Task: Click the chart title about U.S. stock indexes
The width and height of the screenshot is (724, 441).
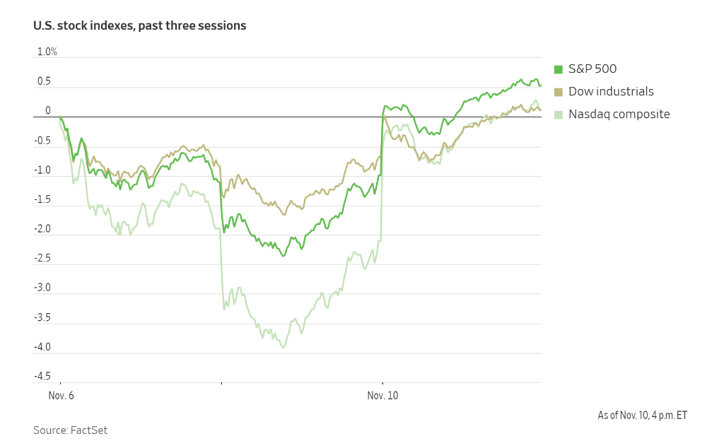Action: [x=139, y=25]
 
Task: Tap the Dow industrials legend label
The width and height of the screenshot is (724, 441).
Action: [x=611, y=91]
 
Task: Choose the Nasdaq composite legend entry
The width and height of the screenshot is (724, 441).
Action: [x=619, y=114]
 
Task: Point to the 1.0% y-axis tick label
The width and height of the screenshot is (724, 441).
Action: [x=47, y=52]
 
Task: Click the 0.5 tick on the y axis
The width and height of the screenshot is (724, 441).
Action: [x=44, y=81]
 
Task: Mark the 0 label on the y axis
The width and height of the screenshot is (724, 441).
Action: [x=48, y=110]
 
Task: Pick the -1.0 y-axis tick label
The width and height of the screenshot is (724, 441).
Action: [x=42, y=170]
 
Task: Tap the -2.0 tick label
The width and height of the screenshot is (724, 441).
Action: [x=42, y=229]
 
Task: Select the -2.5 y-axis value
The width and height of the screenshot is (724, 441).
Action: [x=42, y=258]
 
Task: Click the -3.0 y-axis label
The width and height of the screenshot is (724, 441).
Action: [x=42, y=288]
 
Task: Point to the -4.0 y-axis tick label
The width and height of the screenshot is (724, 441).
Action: [x=42, y=347]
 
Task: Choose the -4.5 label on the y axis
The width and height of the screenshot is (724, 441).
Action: [x=42, y=376]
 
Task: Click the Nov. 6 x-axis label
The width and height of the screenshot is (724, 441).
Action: [x=61, y=396]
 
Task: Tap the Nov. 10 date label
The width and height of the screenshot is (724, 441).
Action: [x=383, y=396]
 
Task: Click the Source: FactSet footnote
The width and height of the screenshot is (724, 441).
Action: [x=70, y=430]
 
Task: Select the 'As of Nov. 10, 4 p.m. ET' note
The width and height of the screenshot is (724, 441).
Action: [x=642, y=415]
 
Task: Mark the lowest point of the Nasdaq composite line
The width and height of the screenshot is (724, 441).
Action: [x=284, y=347]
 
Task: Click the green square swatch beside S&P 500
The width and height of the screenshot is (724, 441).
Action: [x=558, y=69]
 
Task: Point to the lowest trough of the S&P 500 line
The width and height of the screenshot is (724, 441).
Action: [x=284, y=256]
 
